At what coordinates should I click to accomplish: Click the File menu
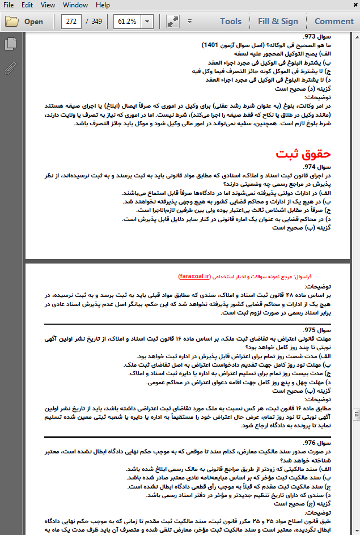coord(9,5)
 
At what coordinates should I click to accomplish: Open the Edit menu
coord(27,5)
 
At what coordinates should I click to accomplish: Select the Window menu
coord(75,5)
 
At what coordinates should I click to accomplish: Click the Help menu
coord(103,5)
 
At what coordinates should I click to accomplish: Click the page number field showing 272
coord(71,22)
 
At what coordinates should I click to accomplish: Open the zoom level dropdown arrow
coord(147,22)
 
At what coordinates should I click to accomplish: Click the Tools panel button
coord(231,22)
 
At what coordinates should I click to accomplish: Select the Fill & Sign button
coord(278,22)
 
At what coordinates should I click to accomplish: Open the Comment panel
coord(334,22)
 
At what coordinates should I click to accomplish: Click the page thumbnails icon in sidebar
coord(10,44)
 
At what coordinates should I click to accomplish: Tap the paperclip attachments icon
coord(10,69)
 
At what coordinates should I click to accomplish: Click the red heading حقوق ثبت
coord(303,154)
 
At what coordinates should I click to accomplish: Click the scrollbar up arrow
coord(356,37)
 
